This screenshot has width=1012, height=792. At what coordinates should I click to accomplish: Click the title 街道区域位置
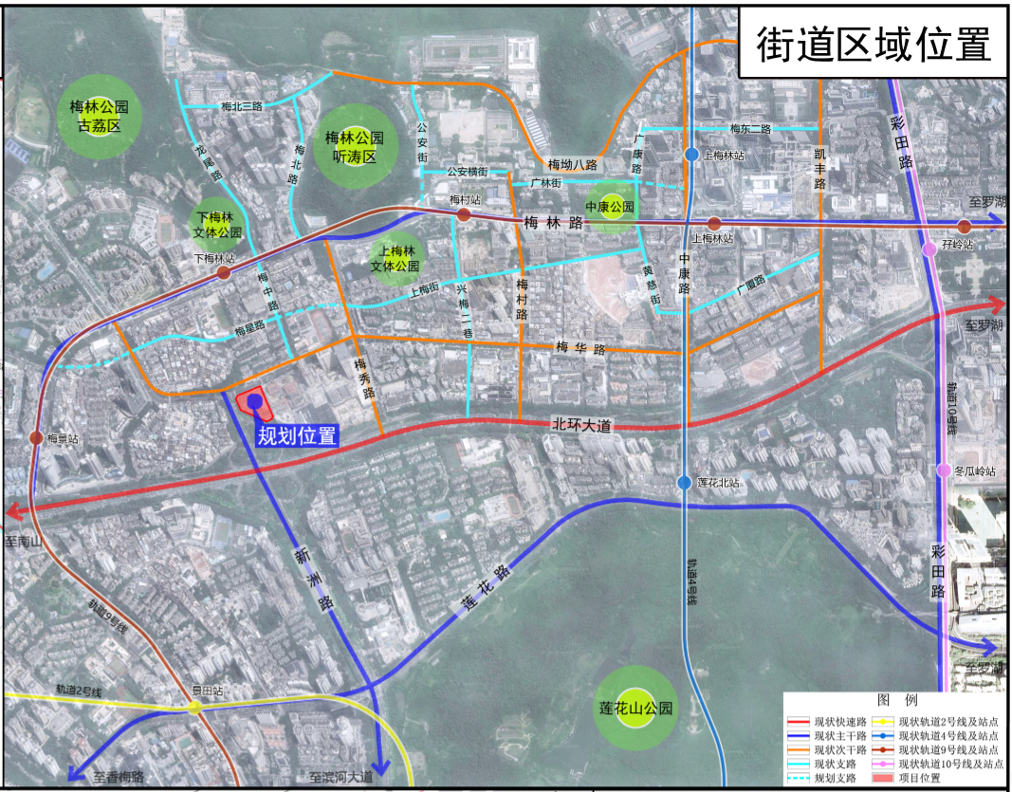coord(874,43)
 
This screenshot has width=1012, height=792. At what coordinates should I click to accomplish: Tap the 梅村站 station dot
coord(465,215)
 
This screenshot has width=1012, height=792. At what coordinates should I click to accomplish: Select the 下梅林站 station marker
coord(223,272)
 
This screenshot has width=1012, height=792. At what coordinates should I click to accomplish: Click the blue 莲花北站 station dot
coord(685,483)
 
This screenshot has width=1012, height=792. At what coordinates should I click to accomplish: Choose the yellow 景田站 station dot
coord(195,707)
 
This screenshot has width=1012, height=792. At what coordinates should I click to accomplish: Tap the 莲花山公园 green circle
coord(636,707)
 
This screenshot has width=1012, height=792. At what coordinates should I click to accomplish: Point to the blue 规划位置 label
coord(297,436)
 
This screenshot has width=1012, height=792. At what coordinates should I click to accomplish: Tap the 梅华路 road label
coord(580,349)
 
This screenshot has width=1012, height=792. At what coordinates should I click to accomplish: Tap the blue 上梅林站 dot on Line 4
coord(692,154)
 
